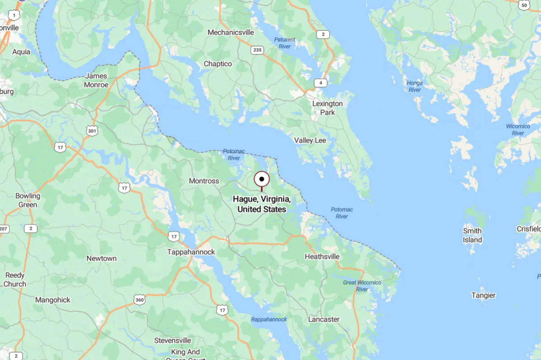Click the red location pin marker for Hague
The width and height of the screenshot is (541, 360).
(262, 180)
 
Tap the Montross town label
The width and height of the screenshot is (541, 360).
(204, 181)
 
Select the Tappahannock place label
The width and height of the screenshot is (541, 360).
(191, 252)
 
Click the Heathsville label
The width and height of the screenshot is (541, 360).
(322, 257)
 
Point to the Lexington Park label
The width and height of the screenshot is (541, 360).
(328, 108)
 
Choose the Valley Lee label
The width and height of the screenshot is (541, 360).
(310, 140)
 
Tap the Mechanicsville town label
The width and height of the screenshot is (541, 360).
(231, 33)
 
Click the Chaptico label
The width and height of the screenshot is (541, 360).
(218, 64)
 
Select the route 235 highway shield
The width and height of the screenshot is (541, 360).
(258, 50)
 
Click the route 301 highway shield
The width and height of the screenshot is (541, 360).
(92, 131)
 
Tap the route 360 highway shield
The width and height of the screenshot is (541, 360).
(140, 299)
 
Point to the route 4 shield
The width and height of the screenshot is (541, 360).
(320, 83)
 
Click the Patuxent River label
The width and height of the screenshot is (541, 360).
(285, 43)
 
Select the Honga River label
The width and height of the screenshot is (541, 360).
(414, 86)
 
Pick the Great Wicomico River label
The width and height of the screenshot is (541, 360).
(362, 285)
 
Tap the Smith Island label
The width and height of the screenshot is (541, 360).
(472, 235)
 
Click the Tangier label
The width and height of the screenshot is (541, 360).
(484, 295)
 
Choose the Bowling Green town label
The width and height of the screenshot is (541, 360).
(28, 200)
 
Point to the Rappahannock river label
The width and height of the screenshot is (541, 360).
(269, 319)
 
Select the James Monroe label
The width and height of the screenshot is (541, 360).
(96, 80)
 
